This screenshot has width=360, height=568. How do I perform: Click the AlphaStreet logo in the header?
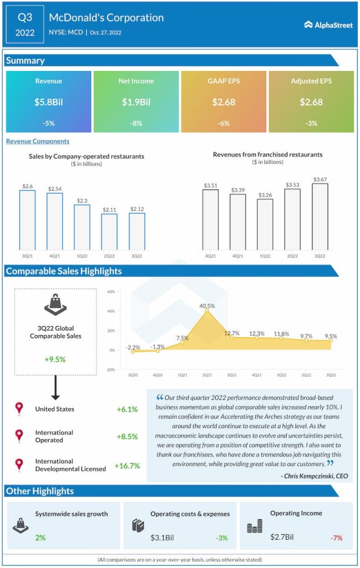tap(328, 24)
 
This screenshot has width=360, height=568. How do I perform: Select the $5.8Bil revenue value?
tap(48, 102)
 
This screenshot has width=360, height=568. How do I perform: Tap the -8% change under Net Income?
tap(136, 123)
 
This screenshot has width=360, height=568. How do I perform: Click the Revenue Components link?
tap(38, 141)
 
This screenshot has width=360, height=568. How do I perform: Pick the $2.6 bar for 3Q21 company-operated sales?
tap(27, 220)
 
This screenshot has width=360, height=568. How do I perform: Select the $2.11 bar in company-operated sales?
tap(109, 231)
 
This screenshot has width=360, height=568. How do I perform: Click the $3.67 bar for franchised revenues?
tap(320, 216)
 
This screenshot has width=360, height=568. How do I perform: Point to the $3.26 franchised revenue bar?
tap(265, 224)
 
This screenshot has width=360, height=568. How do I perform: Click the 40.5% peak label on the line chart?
tap(207, 305)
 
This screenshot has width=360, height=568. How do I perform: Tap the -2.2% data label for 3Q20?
tap(133, 347)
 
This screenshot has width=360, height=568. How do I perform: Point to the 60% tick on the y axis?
tap(111, 292)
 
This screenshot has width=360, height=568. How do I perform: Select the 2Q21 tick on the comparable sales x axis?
tap(207, 376)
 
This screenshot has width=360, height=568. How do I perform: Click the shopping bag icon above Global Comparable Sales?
tap(55, 305)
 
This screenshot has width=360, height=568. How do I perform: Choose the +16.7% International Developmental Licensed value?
tap(127, 465)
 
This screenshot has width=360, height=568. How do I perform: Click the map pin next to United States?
tap(19, 409)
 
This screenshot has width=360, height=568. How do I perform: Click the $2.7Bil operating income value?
tap(282, 536)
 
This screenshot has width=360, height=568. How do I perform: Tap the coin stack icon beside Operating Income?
tap(255, 526)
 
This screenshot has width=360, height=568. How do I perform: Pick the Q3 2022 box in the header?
tap(25, 24)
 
